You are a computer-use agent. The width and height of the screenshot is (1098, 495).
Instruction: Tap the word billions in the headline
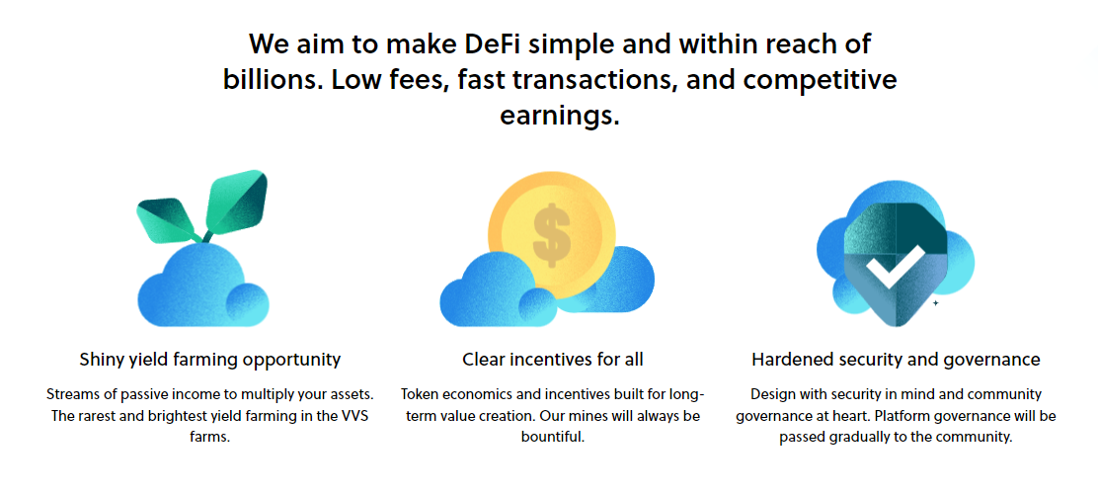click(268, 79)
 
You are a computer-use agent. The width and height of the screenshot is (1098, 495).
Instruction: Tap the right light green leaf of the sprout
click(235, 199)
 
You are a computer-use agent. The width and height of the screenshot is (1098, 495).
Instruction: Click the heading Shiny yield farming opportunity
click(210, 359)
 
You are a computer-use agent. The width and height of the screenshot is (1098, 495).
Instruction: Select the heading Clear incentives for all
click(553, 359)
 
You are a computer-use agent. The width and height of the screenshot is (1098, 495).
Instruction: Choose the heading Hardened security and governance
click(896, 359)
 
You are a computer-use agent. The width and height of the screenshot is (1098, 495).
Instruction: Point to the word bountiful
click(553, 436)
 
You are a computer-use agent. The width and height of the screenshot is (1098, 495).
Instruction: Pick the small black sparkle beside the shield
click(935, 303)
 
